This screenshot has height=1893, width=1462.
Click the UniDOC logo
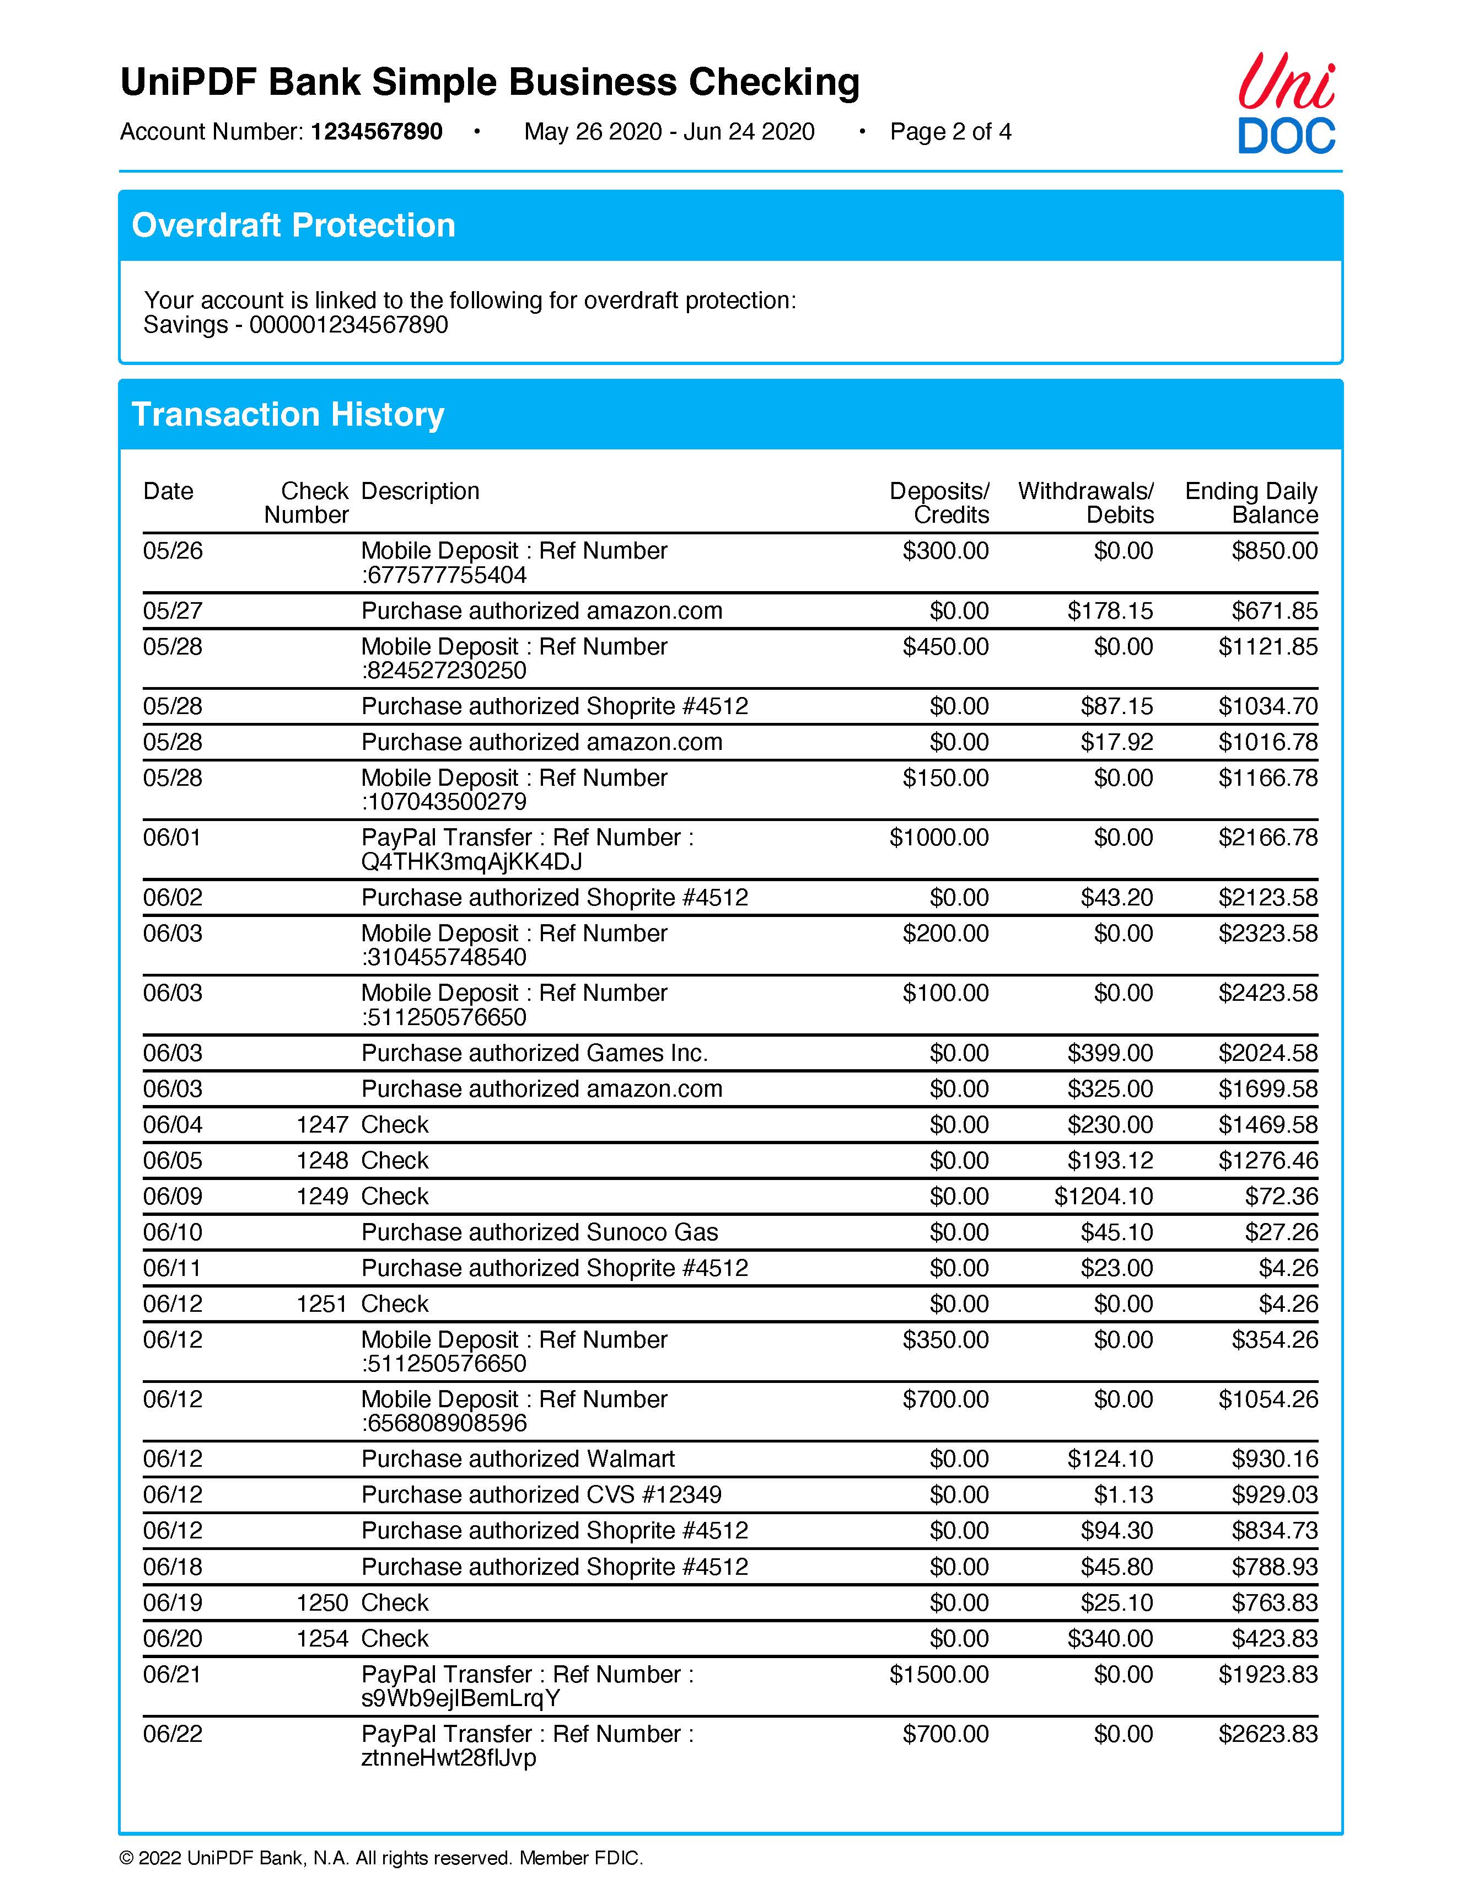point(1286,104)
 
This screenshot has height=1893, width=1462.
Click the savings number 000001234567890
point(348,325)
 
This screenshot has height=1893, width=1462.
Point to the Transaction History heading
point(288,414)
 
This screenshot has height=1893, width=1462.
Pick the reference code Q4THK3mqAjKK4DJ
point(471,861)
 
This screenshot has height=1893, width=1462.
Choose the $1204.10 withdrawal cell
point(1103,1196)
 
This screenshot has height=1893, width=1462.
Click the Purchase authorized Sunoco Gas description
point(539,1232)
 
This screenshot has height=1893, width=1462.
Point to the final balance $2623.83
point(1268,1734)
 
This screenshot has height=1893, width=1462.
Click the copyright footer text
point(381,1858)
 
